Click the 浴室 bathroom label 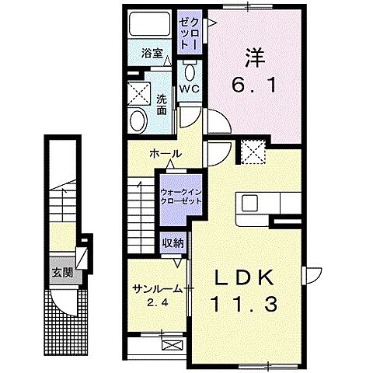pos(152,54)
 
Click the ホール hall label pos(166,154)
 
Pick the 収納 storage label pos(173,242)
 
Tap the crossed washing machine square pos(141,94)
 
